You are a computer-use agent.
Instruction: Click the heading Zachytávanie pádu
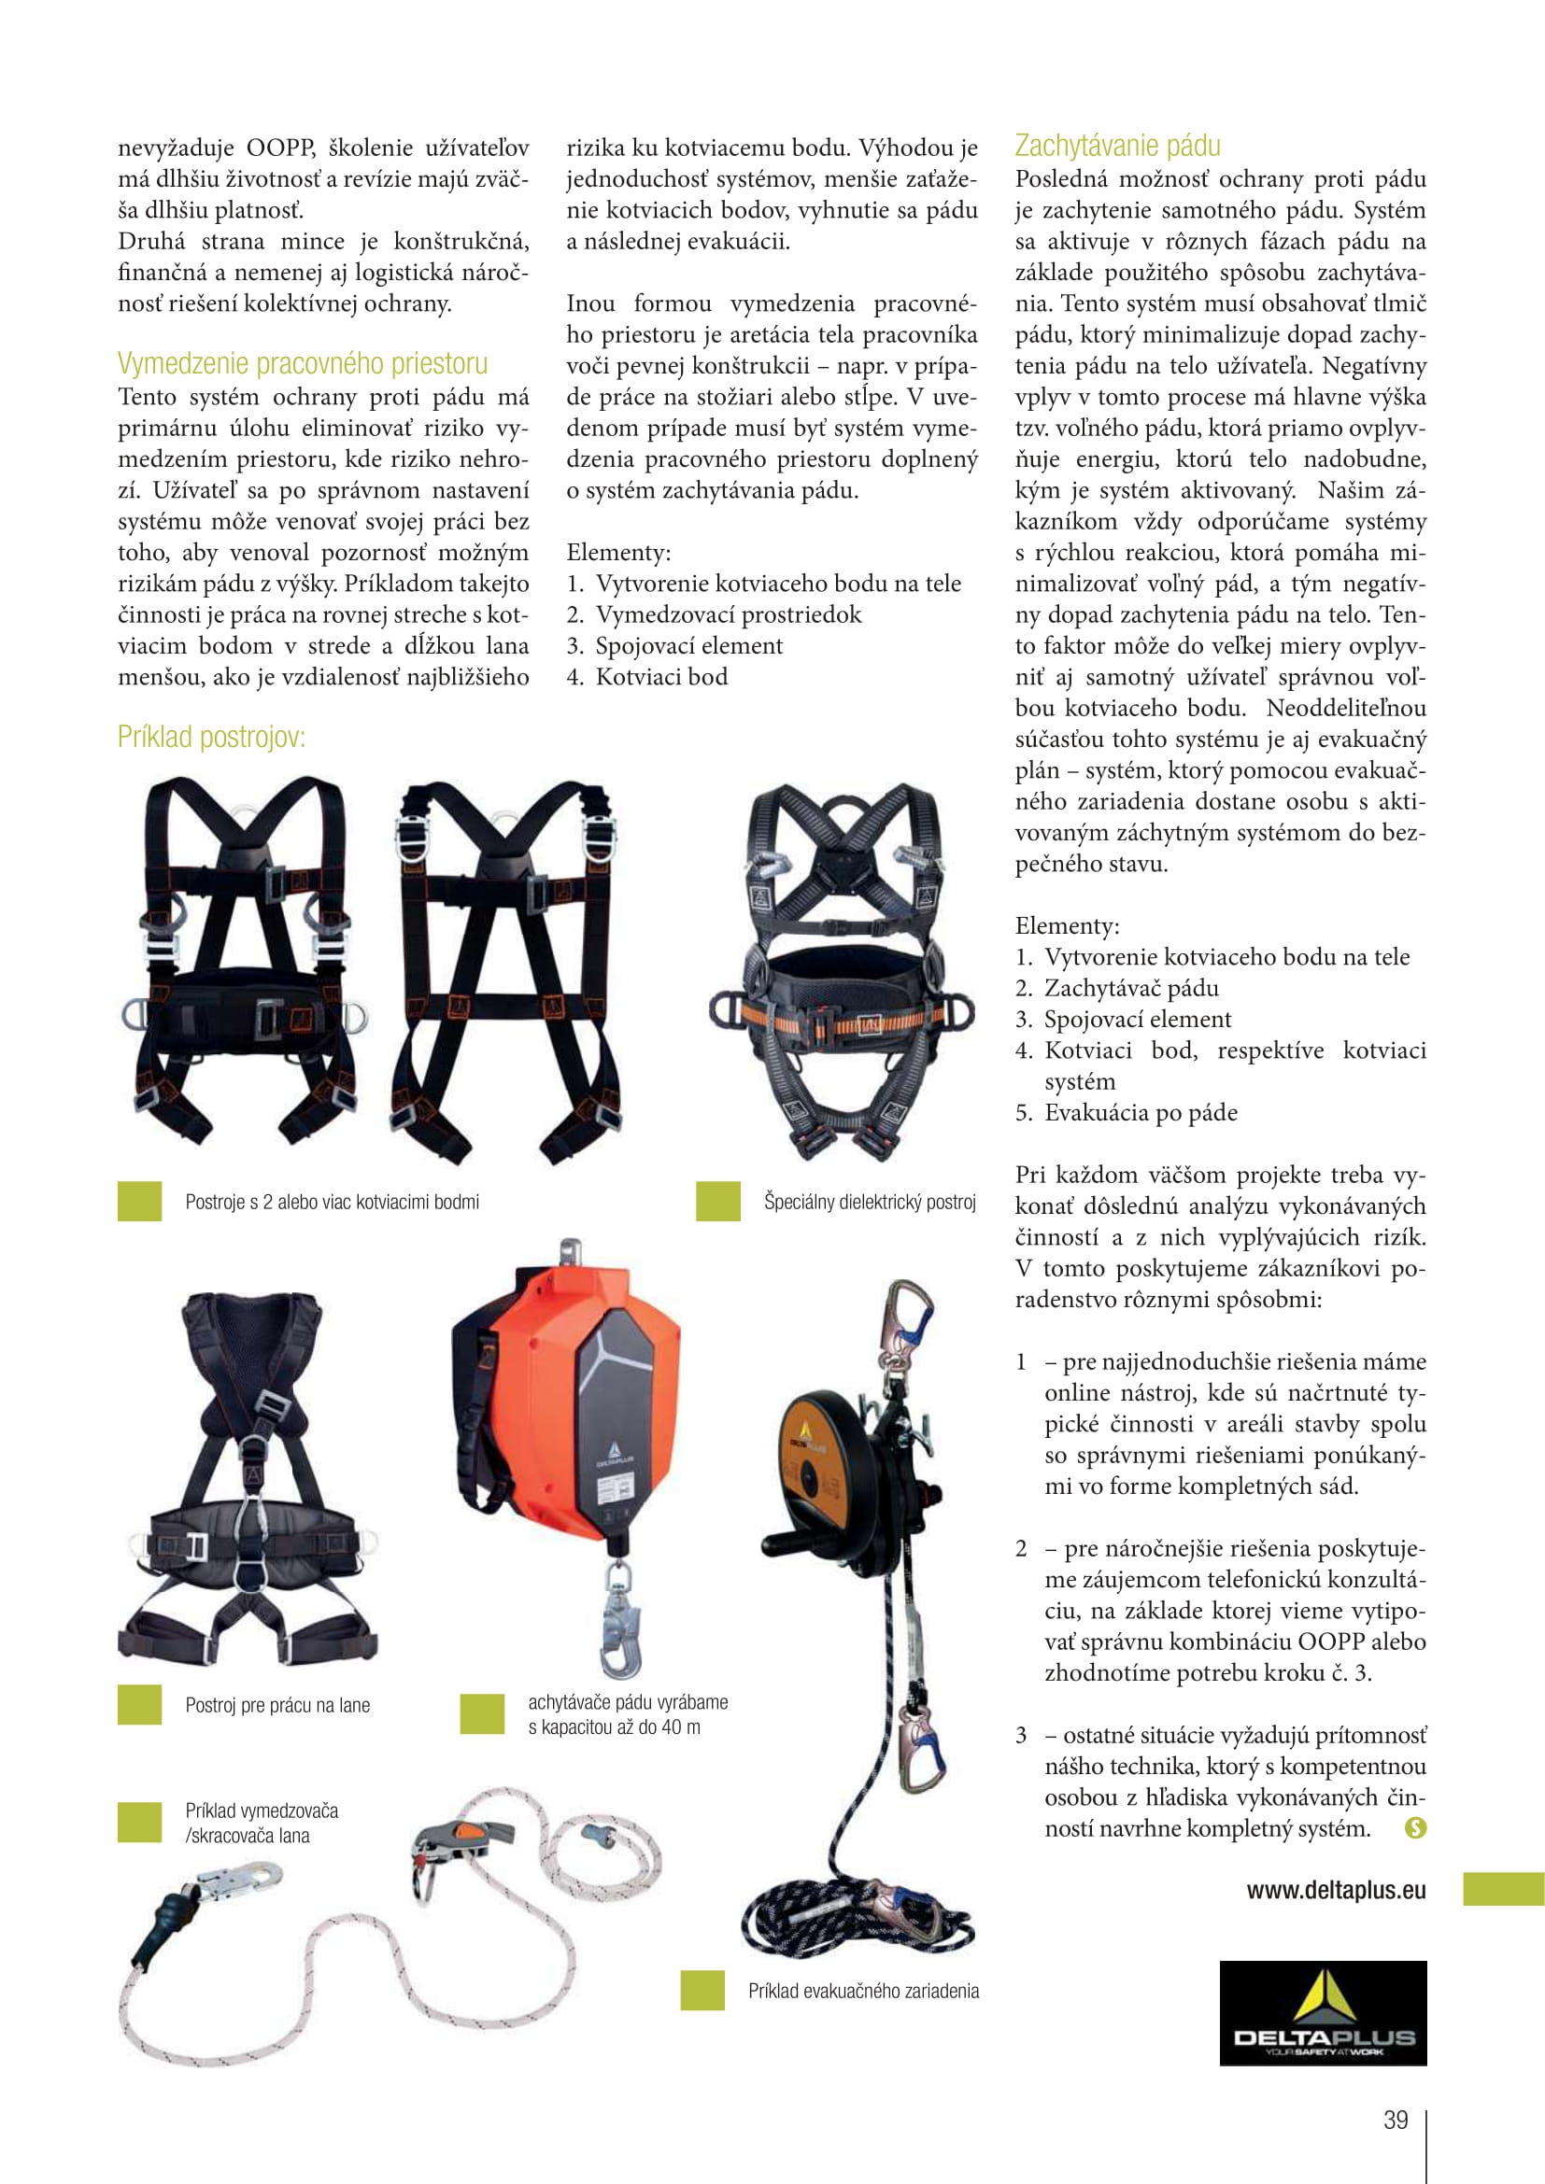tap(1117, 147)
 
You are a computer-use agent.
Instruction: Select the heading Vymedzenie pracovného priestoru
tap(303, 364)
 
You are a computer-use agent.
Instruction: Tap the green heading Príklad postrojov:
tap(211, 738)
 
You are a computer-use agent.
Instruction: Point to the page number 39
tap(1396, 2121)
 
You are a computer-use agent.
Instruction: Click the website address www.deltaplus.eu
tap(1336, 1890)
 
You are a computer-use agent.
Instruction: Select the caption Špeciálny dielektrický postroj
tap(870, 1203)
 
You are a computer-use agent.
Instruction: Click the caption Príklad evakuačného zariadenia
tap(863, 1991)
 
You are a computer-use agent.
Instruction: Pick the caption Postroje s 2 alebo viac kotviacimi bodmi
tap(332, 1203)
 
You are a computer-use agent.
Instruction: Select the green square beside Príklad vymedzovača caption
tap(140, 1823)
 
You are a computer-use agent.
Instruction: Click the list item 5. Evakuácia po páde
tap(1126, 1113)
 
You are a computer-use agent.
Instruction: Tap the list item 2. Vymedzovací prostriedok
tap(714, 615)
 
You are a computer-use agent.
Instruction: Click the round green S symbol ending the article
tap(1415, 1827)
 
